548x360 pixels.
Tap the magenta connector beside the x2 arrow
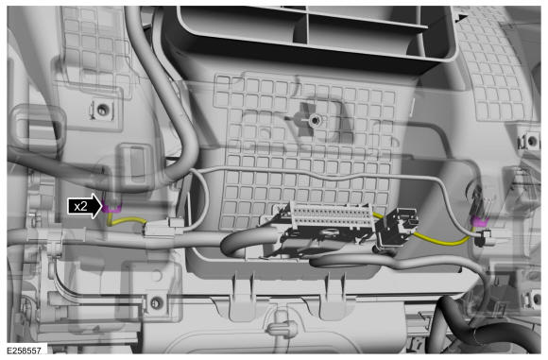(111, 208)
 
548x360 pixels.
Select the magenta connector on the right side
(480, 220)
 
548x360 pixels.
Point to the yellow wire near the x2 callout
(127, 221)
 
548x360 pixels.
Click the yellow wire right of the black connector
(442, 240)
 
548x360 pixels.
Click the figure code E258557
(24, 350)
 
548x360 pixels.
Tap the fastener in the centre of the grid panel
(315, 121)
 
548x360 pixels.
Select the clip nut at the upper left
(102, 110)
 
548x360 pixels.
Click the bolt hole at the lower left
(157, 301)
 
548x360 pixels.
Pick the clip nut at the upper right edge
(531, 141)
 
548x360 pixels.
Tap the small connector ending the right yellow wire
(485, 238)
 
